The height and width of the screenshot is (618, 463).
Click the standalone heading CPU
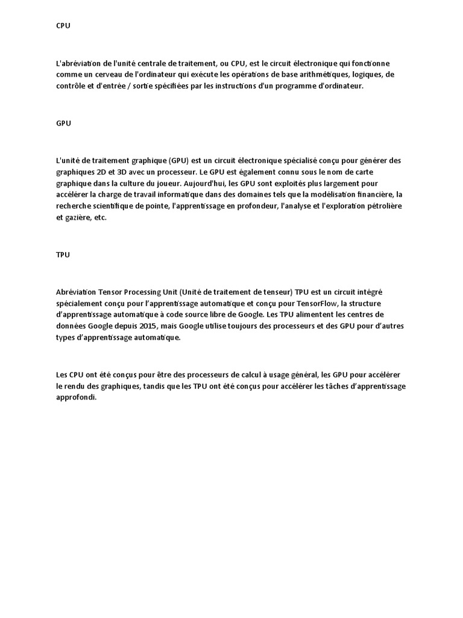point(63,27)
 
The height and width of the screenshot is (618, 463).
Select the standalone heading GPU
point(63,123)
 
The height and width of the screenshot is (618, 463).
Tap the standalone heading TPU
point(63,255)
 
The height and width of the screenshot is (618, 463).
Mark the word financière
point(372,195)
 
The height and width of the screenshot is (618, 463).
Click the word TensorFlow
point(313,303)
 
